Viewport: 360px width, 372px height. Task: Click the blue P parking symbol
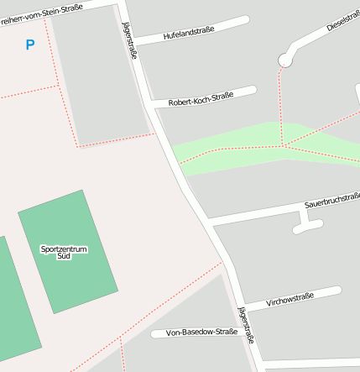(x=30, y=45)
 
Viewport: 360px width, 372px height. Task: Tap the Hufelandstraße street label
(x=189, y=33)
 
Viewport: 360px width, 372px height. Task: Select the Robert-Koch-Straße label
(x=201, y=99)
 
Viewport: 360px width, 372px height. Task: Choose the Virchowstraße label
(x=290, y=298)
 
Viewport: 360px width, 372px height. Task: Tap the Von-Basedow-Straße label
(x=201, y=333)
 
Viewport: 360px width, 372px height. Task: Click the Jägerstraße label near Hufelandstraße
(x=130, y=41)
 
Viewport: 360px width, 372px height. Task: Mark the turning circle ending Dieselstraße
(x=285, y=60)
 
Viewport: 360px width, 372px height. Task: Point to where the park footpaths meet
(x=284, y=145)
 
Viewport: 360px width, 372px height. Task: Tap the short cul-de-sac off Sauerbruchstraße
(x=307, y=224)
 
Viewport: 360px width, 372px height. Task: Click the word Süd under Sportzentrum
(x=64, y=255)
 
